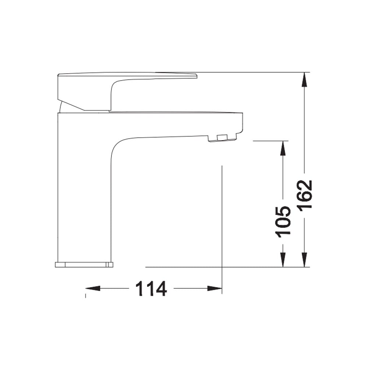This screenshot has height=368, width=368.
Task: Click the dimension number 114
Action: tap(151, 289)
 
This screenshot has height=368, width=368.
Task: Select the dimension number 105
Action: tap(283, 222)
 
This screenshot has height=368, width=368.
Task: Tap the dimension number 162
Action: tap(304, 194)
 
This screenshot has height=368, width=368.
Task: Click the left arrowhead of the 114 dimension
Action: tap(93, 288)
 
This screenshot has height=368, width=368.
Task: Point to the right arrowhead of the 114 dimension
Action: tap(215, 288)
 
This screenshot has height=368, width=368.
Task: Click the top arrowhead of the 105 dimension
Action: tap(283, 148)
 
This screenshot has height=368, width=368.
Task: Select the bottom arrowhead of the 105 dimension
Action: tap(283, 260)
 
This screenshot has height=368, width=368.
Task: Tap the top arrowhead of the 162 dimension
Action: tap(304, 79)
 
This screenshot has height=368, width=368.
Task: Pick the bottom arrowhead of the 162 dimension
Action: tap(304, 260)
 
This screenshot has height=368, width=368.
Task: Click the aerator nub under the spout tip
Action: tap(223, 138)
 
